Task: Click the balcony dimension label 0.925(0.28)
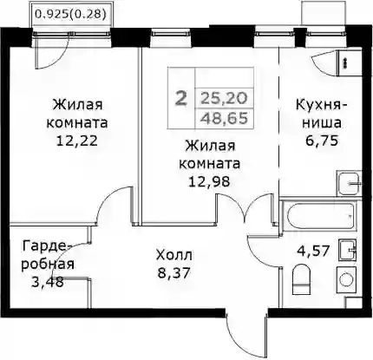point(69,14)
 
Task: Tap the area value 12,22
point(77,141)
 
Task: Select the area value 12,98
point(210,181)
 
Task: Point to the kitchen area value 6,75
point(322,141)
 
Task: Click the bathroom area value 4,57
point(313,251)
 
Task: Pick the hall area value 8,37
point(173,272)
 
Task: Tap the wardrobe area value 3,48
point(47,282)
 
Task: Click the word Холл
point(173,255)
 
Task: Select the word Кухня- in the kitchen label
point(322,105)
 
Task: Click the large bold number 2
point(181,99)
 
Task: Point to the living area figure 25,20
point(225,99)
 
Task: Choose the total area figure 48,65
point(225,118)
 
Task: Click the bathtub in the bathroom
point(320,217)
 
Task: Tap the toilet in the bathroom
point(301,281)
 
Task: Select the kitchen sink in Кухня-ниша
point(349,183)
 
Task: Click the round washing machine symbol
point(346,279)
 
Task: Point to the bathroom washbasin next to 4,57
point(347,251)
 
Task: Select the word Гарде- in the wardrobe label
point(47,247)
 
